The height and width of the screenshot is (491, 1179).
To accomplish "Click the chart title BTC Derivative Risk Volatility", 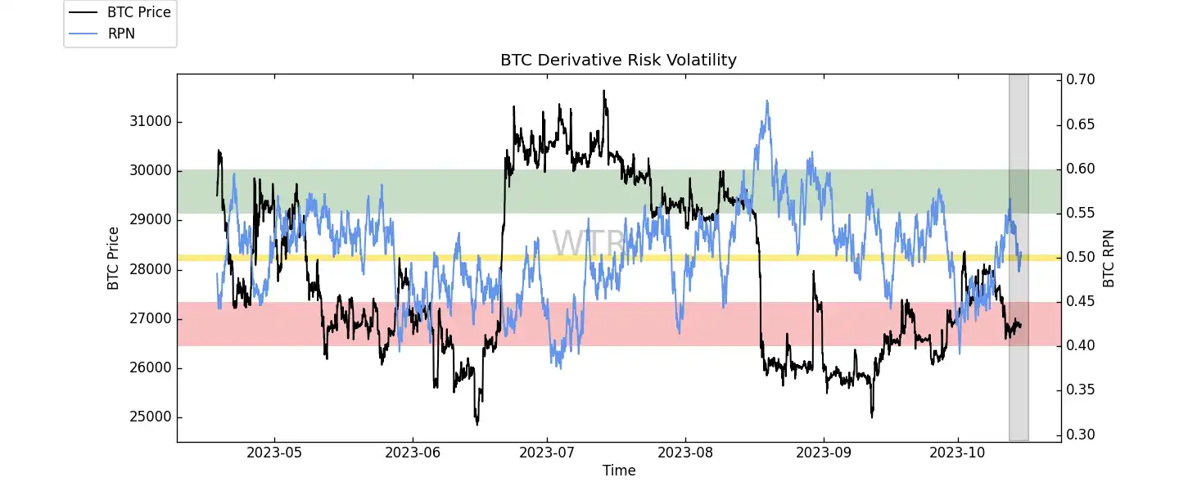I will (618, 60).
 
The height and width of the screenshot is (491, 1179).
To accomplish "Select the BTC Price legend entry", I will (138, 12).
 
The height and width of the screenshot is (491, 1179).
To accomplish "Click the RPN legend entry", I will (122, 34).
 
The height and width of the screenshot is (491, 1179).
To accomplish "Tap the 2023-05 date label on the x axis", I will (274, 451).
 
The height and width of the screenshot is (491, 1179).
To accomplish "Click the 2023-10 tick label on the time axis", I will (958, 451).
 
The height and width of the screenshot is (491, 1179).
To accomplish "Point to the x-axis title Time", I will (619, 471).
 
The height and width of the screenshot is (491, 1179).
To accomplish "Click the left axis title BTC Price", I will (113, 258).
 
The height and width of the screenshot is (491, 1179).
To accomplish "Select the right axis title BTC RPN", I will (1109, 258).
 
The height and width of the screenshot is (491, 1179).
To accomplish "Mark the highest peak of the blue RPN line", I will (766, 101).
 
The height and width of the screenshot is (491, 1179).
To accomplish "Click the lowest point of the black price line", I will (477, 424).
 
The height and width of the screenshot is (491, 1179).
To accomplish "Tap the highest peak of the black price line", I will (604, 91).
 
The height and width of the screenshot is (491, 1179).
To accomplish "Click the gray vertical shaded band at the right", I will (1019, 258).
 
